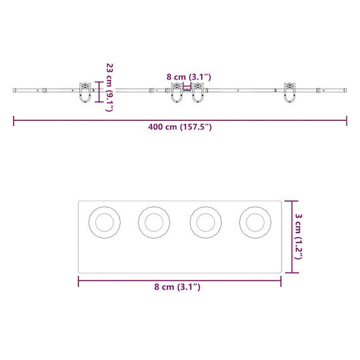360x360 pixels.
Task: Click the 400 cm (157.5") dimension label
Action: point(180,127)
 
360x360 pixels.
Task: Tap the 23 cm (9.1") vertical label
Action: point(110,87)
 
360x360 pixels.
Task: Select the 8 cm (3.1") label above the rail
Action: point(189,77)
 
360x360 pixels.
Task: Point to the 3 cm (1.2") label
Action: point(299,237)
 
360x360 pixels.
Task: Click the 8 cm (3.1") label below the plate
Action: point(177,287)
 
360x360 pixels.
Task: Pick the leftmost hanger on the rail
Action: point(85,92)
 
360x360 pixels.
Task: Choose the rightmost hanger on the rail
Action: point(289,92)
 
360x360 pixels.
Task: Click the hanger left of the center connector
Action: point(177,92)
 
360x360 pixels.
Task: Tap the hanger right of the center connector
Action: point(198,92)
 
